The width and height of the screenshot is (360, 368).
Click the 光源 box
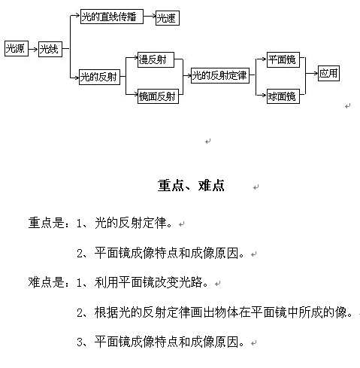tap(17, 48)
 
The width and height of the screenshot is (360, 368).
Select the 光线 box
tap(50, 49)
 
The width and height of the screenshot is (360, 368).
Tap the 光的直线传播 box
tap(112, 17)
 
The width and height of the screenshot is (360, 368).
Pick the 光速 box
tap(168, 18)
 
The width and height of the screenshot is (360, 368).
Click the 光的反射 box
tap(99, 77)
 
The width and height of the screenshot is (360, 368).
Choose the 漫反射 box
tap(156, 59)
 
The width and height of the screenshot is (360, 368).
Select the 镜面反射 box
tap(158, 96)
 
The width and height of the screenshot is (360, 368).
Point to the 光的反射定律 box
tap(220, 75)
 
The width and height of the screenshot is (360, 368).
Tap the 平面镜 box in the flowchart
tap(283, 59)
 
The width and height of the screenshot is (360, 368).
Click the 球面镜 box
tap(283, 96)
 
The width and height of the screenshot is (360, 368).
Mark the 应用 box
tap(328, 73)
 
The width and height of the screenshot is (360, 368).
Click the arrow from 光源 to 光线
tap(33, 49)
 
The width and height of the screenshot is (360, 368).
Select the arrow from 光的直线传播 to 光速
tap(150, 17)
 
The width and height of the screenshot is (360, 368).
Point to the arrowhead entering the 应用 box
tap(316, 73)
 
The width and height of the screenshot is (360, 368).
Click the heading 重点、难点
tap(191, 186)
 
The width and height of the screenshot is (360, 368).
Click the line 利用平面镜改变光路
tap(151, 282)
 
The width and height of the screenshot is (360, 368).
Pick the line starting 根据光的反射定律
tap(223, 312)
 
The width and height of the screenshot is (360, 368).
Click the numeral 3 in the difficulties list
tap(80, 342)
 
